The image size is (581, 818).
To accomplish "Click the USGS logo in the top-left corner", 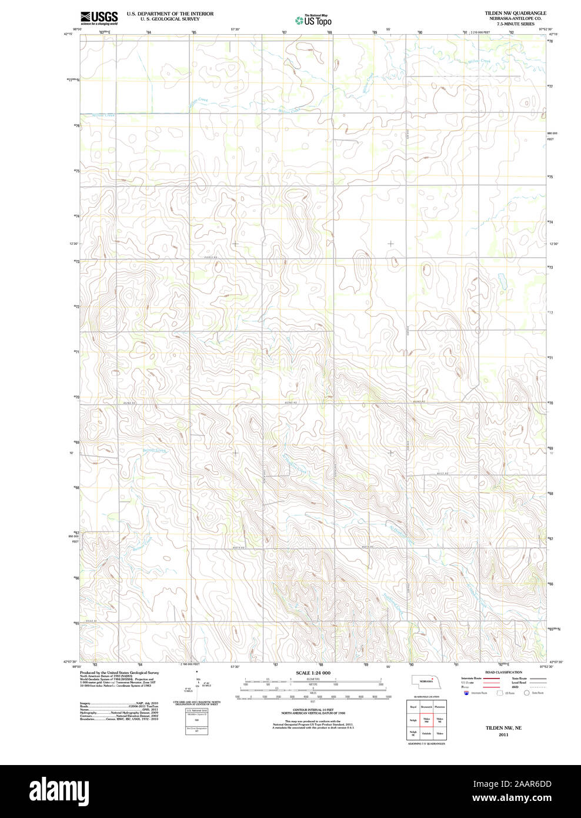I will click(x=99, y=17).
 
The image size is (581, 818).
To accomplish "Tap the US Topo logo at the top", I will click(x=313, y=20).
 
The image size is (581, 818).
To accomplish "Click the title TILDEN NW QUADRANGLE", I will click(x=515, y=13).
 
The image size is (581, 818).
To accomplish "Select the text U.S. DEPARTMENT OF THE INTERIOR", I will click(x=170, y=14).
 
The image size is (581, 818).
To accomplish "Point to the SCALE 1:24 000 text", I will click(x=313, y=673).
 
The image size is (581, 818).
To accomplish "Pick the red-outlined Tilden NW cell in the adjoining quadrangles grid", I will click(x=427, y=720).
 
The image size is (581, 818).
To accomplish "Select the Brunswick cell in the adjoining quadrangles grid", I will click(x=427, y=706).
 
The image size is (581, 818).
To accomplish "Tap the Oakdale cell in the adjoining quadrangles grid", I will click(x=427, y=733).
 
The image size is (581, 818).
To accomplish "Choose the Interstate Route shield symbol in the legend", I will click(x=467, y=693).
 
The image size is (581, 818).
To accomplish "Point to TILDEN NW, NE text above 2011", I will click(x=503, y=728).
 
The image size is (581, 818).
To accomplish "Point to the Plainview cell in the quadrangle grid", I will click(x=440, y=706).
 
